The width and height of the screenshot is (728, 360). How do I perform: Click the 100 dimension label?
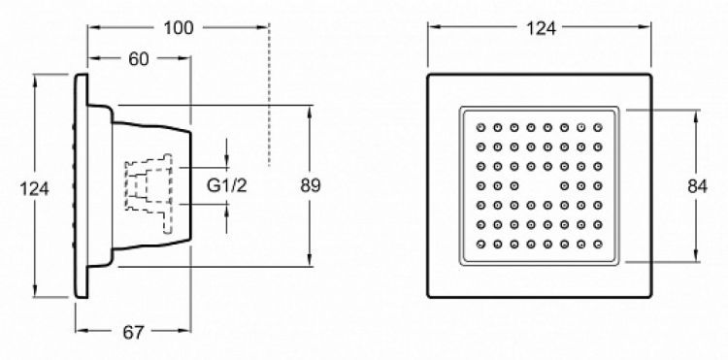[178, 27]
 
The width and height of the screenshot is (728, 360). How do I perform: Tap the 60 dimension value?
[138, 58]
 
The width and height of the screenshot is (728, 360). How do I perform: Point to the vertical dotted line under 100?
[269, 107]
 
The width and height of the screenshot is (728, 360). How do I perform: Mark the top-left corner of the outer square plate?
[428, 74]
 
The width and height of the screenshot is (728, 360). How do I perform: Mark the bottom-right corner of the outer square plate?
[653, 298]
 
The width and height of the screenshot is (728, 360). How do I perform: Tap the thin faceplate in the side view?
[83, 185]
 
